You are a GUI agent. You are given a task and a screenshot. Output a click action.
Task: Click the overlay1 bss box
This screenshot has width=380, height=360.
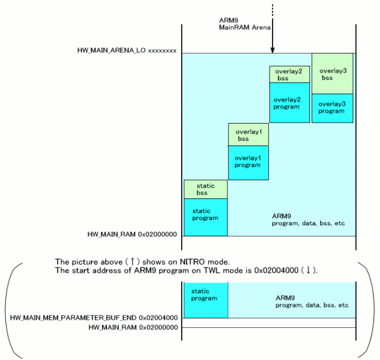pyautogui.click(x=248, y=134)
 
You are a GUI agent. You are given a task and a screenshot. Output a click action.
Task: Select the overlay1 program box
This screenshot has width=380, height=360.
pyautogui.click(x=248, y=162)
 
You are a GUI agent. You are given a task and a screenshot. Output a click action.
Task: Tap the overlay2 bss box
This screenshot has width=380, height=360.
pyautogui.click(x=290, y=74)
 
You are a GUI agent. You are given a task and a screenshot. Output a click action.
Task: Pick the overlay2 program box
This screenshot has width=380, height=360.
pyautogui.click(x=290, y=103)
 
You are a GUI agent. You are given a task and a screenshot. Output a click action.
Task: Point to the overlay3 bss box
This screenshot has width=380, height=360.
pyautogui.click(x=332, y=74)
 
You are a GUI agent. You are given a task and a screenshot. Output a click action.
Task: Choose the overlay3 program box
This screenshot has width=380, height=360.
pyautogui.click(x=332, y=108)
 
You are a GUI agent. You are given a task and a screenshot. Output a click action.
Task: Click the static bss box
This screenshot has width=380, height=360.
pyautogui.click(x=205, y=190)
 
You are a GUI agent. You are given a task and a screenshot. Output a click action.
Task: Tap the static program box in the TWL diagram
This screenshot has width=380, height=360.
pyautogui.click(x=205, y=295)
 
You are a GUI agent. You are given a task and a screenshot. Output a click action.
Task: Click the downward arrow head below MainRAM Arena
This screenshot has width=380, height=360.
pyautogui.click(x=272, y=50)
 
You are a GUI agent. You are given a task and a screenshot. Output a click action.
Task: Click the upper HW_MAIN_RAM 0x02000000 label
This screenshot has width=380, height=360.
pyautogui.click(x=132, y=235)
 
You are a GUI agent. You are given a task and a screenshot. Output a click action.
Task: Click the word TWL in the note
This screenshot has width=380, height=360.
pyautogui.click(x=201, y=270)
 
